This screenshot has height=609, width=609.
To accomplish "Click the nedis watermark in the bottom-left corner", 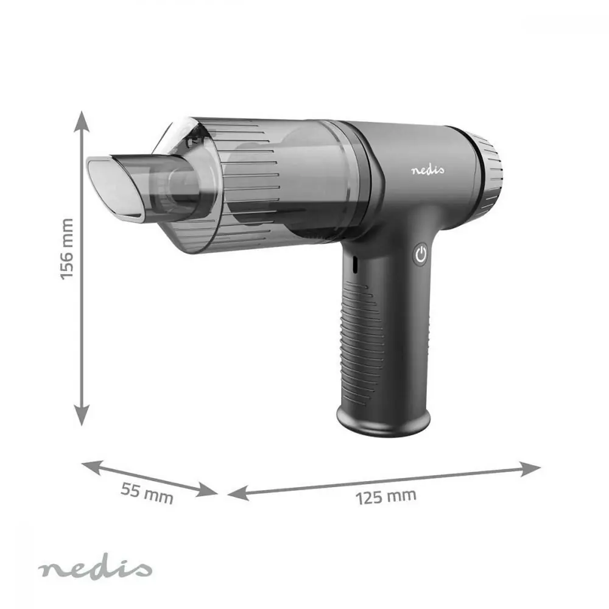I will pos(94,569).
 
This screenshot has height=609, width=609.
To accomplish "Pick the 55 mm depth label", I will pos(147,493).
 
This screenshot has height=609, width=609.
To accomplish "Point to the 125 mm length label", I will pos(386,496).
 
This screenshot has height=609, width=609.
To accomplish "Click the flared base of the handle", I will pos(382,423).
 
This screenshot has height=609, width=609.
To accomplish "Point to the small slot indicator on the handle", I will pos(353,263).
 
